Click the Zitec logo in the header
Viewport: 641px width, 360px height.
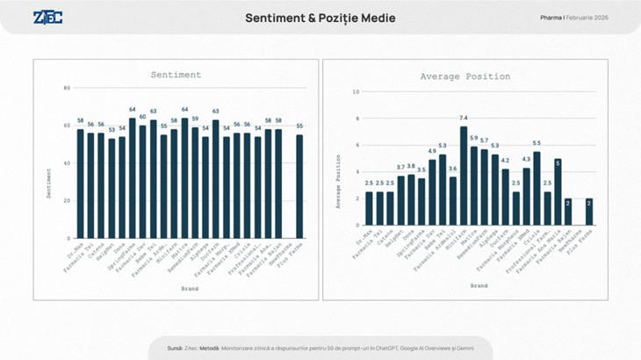47,18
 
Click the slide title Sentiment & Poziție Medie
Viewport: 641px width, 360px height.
320,18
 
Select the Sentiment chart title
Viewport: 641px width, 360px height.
176,76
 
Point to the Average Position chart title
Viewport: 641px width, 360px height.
465,76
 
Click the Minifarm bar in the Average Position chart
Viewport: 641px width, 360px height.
463,175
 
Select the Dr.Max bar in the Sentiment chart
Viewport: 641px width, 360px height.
81,184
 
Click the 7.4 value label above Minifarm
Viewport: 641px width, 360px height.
463,118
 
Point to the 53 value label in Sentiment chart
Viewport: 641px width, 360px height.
112,129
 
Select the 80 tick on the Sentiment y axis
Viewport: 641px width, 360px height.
67,88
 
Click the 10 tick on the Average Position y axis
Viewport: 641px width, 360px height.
356,91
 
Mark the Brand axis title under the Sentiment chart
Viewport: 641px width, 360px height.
190,288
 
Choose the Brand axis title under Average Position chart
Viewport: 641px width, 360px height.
479,286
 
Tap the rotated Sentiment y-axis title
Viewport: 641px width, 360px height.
49,182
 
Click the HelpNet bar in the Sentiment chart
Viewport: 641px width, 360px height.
112,188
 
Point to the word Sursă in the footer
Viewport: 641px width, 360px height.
174,349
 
